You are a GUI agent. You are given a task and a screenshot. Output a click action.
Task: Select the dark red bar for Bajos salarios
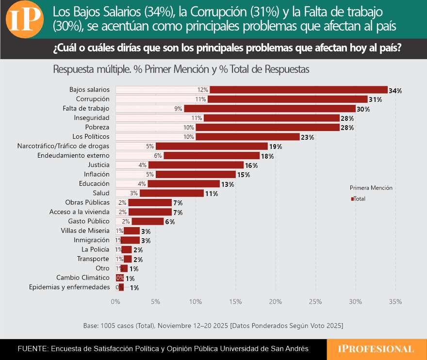pos(298,90)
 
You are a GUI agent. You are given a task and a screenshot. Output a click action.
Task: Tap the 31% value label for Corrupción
pos(375,99)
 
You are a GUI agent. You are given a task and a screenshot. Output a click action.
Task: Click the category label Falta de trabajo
pos(86,108)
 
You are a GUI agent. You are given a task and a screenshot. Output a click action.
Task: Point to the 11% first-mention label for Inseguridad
pos(196,118)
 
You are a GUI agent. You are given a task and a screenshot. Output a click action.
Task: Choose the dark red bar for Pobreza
pos(267,127)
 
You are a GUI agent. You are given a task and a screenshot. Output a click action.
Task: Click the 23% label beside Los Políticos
pos(307,137)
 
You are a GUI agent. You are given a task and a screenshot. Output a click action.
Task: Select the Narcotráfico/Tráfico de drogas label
pos(63,146)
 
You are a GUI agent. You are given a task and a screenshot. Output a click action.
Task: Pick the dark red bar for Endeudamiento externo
pos(211,156)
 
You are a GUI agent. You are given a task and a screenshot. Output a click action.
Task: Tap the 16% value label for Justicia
pos(251,165)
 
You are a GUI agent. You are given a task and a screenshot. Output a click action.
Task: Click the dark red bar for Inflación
pos(195,174)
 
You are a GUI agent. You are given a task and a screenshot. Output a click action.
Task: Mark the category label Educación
pos(94,183)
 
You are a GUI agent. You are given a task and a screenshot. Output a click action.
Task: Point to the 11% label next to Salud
pos(211,194)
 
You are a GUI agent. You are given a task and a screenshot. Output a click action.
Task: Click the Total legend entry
pos(359,199)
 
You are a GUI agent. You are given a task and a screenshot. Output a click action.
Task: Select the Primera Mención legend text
pos(371,188)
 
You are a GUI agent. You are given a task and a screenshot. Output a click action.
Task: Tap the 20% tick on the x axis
pos(276,302)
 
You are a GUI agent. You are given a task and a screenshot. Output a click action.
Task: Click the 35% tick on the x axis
pos(395,302)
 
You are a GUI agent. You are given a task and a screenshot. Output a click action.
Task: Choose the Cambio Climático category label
pos(83,278)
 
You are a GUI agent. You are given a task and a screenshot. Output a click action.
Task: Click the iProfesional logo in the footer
pos(377,349)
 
